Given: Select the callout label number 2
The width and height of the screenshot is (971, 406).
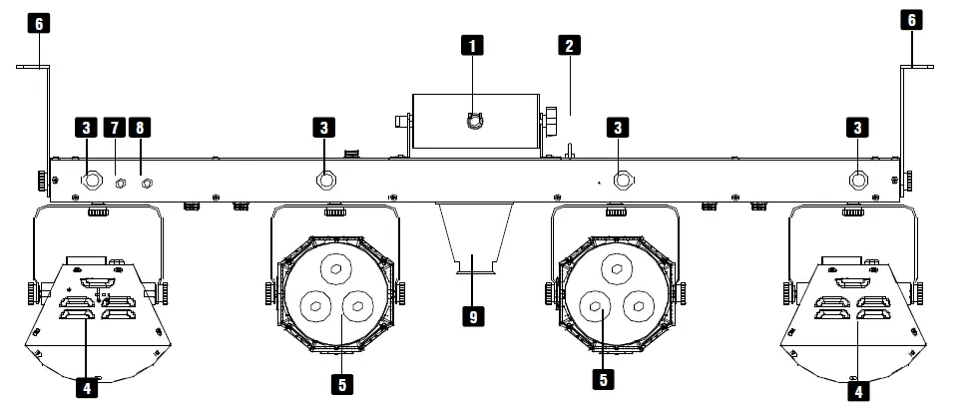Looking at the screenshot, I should click(569, 45).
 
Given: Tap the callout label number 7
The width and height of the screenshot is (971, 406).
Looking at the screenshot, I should click(115, 127).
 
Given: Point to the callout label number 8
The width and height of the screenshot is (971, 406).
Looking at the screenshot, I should click(141, 127).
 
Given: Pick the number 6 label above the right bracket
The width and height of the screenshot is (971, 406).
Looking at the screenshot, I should click(911, 20).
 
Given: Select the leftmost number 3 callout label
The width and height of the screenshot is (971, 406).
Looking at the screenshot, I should click(87, 127).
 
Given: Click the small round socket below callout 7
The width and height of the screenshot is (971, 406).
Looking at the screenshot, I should click(120, 183).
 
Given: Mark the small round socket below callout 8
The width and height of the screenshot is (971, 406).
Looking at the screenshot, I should click(147, 183).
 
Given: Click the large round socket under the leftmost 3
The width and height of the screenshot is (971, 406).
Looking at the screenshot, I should click(93, 182).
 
